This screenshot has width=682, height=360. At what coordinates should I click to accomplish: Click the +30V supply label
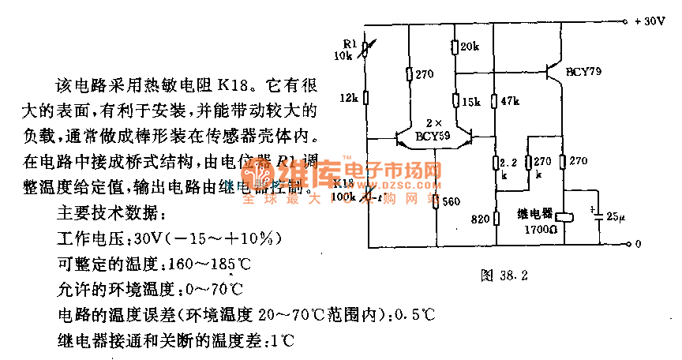coord(650,22)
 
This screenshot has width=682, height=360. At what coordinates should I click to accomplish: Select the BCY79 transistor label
coord(583,72)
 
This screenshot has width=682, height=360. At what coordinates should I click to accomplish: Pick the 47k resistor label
coord(509,102)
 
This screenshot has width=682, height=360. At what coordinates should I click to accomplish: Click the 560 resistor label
coord(451,201)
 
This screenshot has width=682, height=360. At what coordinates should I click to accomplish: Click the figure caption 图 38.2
coord(503,276)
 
